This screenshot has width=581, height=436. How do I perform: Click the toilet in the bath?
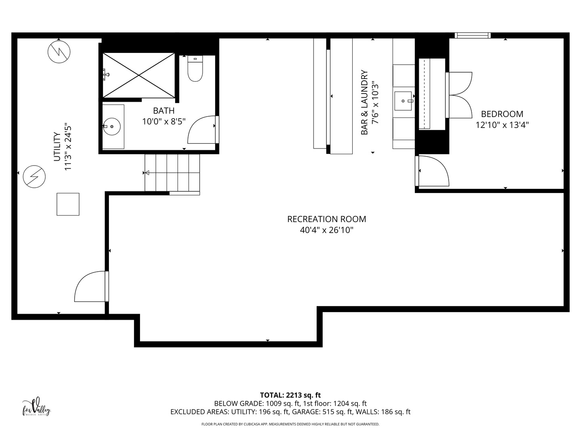pyautogui.click(x=195, y=69)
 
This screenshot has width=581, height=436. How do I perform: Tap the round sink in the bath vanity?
pyautogui.click(x=112, y=126)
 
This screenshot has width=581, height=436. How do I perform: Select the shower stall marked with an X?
pyautogui.click(x=138, y=75)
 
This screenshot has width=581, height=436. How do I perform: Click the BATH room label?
pyautogui.click(x=164, y=111)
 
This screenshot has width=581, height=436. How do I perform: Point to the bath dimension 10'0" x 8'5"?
pyautogui.click(x=164, y=121)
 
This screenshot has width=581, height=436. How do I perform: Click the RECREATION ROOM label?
pyautogui.click(x=326, y=219)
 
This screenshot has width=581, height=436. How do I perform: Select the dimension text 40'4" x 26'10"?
pyautogui.click(x=326, y=230)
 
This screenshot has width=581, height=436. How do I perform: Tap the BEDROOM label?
pyautogui.click(x=502, y=114)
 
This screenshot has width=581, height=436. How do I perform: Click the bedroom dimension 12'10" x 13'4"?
pyautogui.click(x=502, y=125)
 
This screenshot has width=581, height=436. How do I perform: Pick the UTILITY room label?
pyautogui.click(x=57, y=147)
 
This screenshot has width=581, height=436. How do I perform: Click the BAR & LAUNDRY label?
pyautogui.click(x=365, y=103)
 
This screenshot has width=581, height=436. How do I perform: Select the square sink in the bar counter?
pyautogui.click(x=403, y=101)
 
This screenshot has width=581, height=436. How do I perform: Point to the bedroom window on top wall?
pyautogui.click(x=472, y=36)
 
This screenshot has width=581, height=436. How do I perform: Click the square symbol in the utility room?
pyautogui.click(x=68, y=204)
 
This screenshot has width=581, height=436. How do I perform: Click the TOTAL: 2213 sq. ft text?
pyautogui.click(x=290, y=395)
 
